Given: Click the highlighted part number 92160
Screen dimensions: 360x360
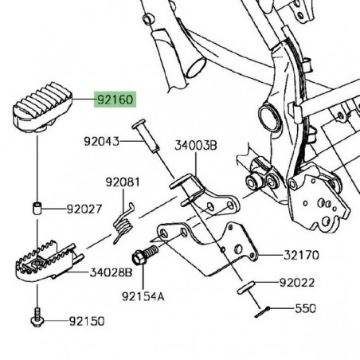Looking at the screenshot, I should pos(115,101).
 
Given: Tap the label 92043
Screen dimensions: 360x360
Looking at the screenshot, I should pos(102,142).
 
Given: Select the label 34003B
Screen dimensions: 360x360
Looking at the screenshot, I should pos(195,146).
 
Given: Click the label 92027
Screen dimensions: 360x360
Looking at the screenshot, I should pos(85,210).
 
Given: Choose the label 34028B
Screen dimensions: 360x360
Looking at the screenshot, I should pos(111,272).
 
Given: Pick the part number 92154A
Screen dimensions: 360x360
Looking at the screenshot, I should pos(143,296).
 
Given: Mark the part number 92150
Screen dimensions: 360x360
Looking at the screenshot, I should pos(85,321).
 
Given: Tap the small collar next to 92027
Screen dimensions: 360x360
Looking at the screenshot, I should pos(37,209).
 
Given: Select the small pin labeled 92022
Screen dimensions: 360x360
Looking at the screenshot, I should pos(248,287).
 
